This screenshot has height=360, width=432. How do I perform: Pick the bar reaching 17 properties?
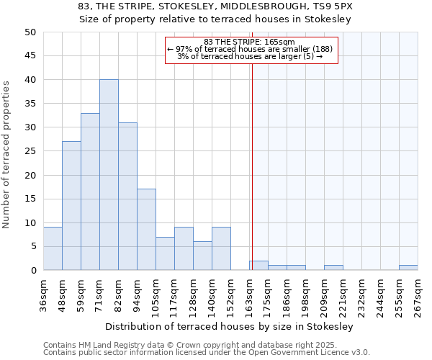[x=146, y=230]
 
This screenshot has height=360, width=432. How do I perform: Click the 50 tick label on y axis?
[x=30, y=32]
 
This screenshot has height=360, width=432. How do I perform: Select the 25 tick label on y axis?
[x=30, y=151]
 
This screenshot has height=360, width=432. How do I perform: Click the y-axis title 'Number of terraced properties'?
[x=6, y=154]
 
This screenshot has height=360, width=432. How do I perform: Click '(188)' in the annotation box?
[x=320, y=49]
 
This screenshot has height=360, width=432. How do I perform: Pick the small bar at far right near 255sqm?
[x=408, y=268]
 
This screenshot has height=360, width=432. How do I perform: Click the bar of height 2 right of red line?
[x=259, y=266]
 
